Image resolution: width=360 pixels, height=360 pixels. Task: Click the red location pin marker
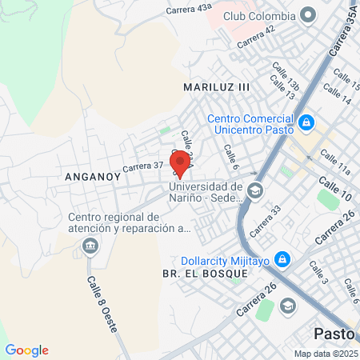click(180, 163)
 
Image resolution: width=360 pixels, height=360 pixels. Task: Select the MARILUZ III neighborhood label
click(217, 86)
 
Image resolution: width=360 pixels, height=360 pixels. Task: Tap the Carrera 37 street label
click(142, 167)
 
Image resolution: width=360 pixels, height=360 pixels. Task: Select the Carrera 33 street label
click(265, 221)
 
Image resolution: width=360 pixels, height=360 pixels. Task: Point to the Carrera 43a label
click(190, 9)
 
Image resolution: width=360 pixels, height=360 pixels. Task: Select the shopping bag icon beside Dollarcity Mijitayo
click(281, 259)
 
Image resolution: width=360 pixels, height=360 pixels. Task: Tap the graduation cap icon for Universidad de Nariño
click(254, 190)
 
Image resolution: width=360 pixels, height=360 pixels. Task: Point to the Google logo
click(26, 350)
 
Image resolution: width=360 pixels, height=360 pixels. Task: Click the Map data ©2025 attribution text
click(324, 354)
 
